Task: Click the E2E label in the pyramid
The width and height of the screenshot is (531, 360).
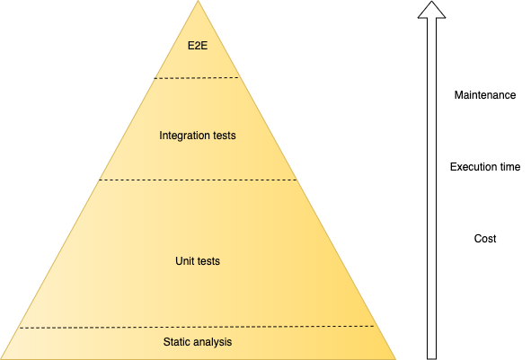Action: tap(198, 46)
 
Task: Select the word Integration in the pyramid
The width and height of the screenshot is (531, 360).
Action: tap(180, 136)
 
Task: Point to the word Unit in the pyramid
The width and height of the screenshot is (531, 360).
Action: tap(183, 261)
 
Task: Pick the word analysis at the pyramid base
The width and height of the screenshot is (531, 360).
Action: tap(213, 342)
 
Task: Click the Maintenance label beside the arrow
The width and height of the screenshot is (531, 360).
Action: tap(485, 95)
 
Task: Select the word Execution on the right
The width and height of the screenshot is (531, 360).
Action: tap(470, 167)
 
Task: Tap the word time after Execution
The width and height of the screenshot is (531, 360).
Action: tap(507, 167)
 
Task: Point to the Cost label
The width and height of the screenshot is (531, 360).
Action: tap(485, 239)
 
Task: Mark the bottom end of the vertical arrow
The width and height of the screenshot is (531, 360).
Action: tap(431, 358)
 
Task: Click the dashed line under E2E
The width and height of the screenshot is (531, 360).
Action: tap(197, 78)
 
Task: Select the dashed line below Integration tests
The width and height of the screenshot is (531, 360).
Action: tap(198, 180)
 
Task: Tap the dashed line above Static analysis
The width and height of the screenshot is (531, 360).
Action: tap(197, 327)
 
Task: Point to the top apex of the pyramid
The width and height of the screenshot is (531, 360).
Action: tap(198, 1)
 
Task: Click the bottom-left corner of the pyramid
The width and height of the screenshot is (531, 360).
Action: tap(1, 359)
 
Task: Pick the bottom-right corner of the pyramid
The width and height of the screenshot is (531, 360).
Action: tap(395, 359)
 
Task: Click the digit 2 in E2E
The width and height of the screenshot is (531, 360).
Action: tap(198, 46)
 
